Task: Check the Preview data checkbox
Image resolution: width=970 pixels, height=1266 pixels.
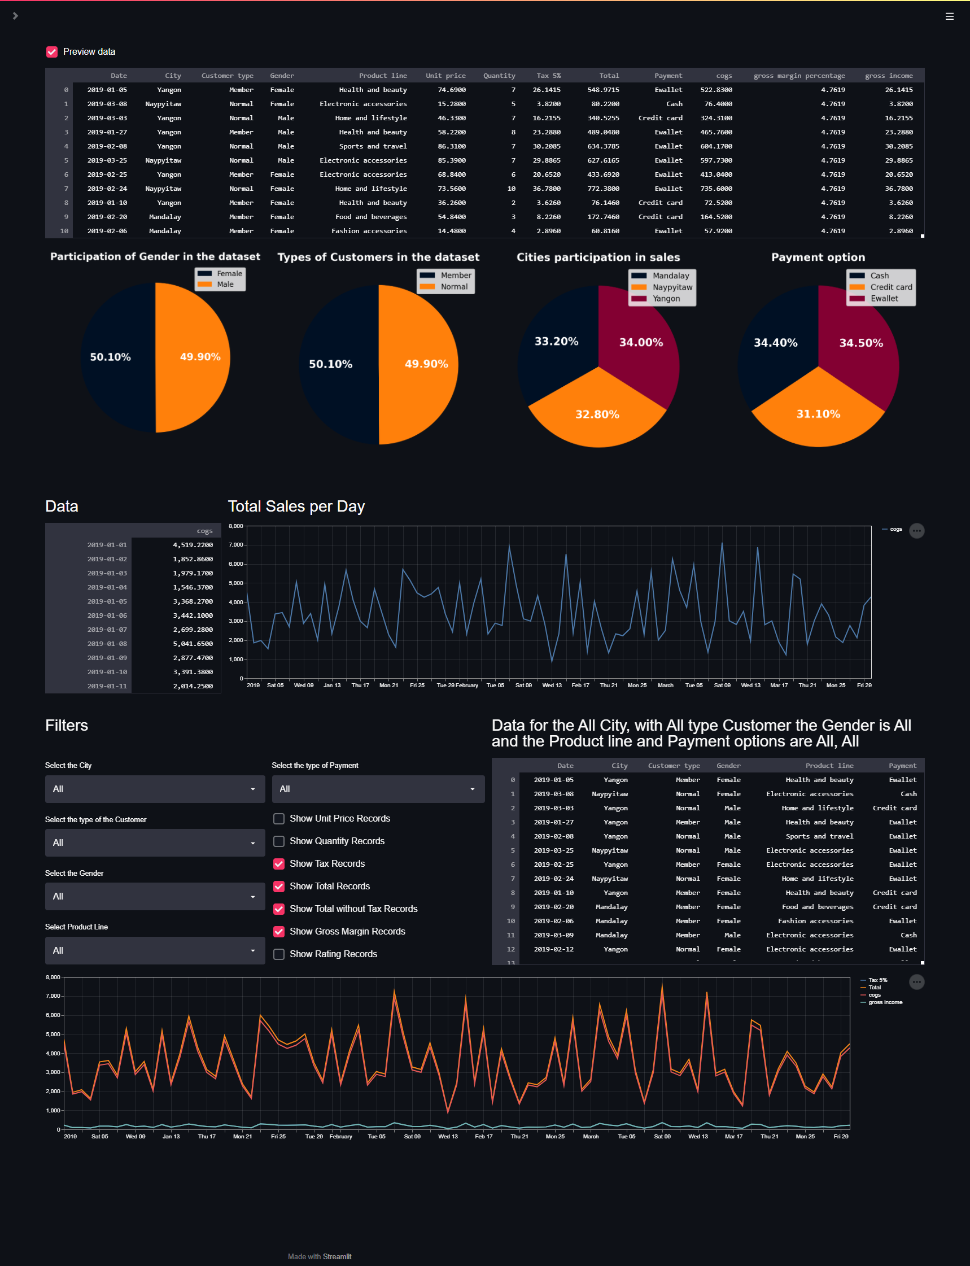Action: click(x=52, y=52)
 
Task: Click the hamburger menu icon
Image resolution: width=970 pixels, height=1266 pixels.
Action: click(x=949, y=16)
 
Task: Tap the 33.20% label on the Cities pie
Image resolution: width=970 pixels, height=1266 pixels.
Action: click(x=556, y=341)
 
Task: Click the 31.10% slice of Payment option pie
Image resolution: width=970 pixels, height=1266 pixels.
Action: click(x=818, y=414)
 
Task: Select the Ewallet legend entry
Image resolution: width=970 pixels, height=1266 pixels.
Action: click(x=884, y=299)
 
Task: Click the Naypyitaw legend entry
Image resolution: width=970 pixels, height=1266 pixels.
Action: click(x=672, y=287)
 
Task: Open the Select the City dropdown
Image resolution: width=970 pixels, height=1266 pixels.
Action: click(x=155, y=789)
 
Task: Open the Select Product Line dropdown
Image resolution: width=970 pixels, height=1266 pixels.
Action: click(x=155, y=950)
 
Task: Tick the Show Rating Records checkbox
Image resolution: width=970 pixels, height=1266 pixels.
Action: click(x=279, y=954)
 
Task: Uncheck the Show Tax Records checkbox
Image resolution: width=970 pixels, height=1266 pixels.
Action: click(x=279, y=863)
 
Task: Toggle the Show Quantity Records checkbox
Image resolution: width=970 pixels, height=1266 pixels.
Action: click(x=279, y=841)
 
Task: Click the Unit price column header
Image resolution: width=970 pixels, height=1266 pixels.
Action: click(x=445, y=76)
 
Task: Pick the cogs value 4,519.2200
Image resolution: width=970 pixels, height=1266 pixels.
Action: click(x=193, y=545)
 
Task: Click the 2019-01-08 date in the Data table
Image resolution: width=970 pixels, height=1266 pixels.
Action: click(x=107, y=644)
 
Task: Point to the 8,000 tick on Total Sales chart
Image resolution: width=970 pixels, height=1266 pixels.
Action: click(x=235, y=526)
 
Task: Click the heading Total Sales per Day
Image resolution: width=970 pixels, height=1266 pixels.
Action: click(x=296, y=507)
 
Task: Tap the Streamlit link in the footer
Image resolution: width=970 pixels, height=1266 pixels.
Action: click(x=337, y=1256)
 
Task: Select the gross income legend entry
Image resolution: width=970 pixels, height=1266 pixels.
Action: click(x=885, y=1002)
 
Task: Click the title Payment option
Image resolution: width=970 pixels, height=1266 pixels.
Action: click(x=818, y=257)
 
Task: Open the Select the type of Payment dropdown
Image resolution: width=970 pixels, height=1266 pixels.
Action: click(x=378, y=789)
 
